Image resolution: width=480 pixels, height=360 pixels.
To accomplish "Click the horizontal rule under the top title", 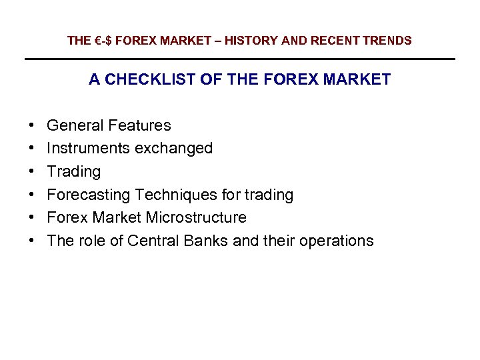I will point(240,59).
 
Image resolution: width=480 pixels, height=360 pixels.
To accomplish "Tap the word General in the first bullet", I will point(75,125).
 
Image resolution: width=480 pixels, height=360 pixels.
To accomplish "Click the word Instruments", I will point(89,148).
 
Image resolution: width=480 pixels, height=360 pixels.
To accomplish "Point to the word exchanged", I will point(173,148).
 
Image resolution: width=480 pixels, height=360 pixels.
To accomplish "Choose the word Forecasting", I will point(89,195).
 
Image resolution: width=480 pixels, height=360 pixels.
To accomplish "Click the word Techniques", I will point(174,195).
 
